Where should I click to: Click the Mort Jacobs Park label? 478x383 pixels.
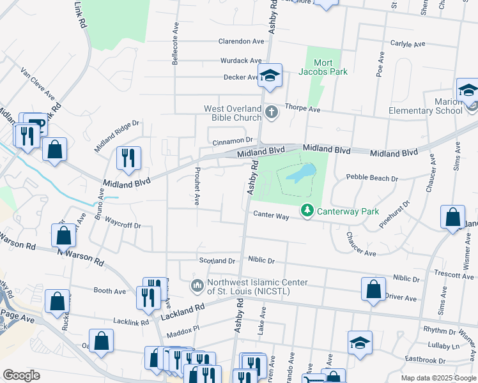[x=323, y=67]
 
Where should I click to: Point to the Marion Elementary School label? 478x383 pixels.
[x=426, y=106]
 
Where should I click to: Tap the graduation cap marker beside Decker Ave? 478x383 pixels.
[x=270, y=75]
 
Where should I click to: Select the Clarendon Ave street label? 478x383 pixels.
[x=241, y=41]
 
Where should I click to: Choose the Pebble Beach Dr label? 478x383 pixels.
[x=371, y=178]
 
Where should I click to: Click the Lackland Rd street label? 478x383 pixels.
[x=182, y=312]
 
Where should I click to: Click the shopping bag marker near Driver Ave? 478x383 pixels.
[x=373, y=289]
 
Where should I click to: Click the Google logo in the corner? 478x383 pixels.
[x=21, y=375]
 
